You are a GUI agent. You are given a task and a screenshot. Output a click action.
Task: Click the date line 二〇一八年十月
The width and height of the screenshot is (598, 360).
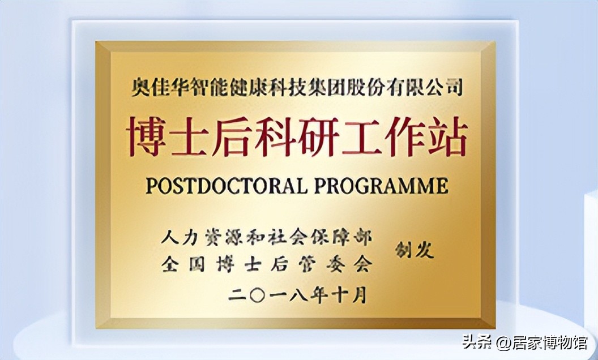click(x=297, y=294)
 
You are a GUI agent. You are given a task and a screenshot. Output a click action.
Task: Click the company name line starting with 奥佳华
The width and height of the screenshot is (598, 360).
click(x=297, y=88)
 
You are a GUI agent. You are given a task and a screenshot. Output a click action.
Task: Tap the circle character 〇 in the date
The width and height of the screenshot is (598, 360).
click(x=257, y=294)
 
